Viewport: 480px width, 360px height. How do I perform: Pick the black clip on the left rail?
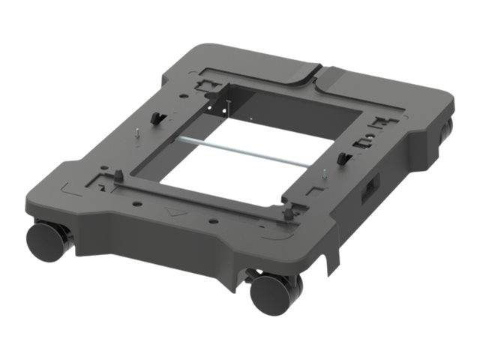click(158, 119)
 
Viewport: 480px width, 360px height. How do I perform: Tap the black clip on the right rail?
click(344, 157)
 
